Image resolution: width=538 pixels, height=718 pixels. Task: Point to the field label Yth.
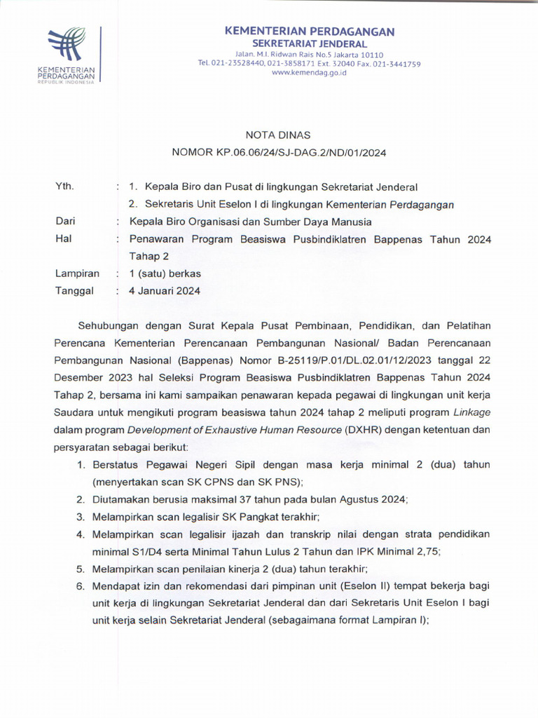(x=64, y=187)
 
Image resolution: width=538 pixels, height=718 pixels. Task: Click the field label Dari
(x=65, y=222)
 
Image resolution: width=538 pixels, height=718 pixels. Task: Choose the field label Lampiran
(x=77, y=273)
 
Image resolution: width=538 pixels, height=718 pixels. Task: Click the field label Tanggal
(x=74, y=291)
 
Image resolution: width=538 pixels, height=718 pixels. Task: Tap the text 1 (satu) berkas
(x=165, y=273)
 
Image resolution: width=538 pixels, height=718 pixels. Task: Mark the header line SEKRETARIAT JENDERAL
(x=309, y=43)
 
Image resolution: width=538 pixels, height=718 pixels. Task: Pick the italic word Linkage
(x=471, y=412)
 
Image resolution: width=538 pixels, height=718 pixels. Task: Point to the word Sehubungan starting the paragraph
(x=110, y=326)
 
